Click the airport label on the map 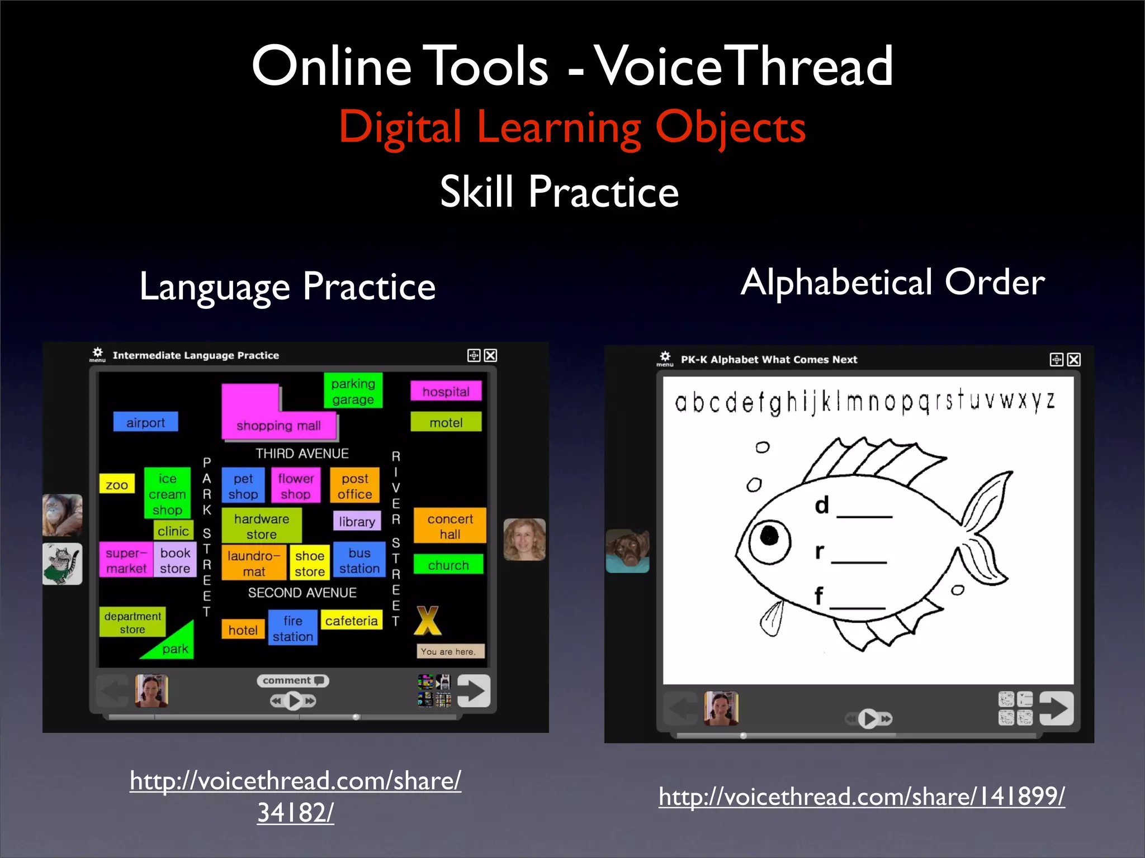click(145, 422)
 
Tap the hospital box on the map click(446, 392)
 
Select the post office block click(355, 486)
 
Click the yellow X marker click(428, 621)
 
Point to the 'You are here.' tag click(450, 651)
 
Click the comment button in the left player click(292, 680)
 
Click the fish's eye click(769, 537)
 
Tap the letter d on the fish click(821, 505)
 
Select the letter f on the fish click(818, 596)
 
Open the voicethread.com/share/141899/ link click(862, 796)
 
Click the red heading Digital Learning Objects click(572, 127)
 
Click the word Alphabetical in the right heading click(836, 282)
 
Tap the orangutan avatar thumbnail click(62, 515)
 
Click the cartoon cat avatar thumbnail click(62, 564)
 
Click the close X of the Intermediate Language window click(490, 355)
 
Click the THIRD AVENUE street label click(302, 453)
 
